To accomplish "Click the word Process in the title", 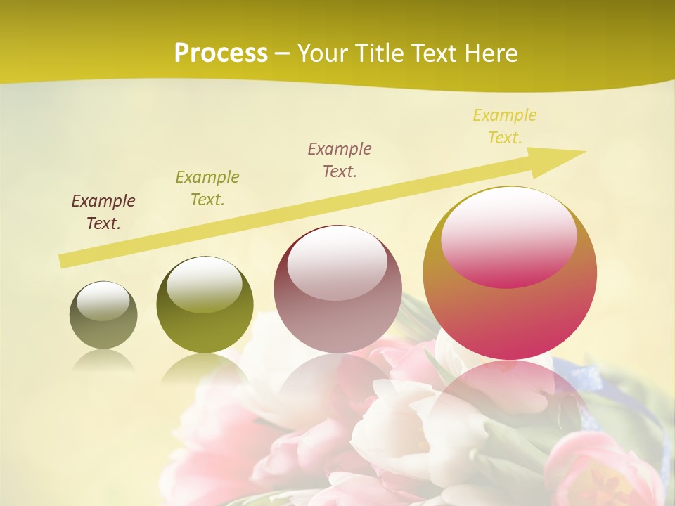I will point(221,53).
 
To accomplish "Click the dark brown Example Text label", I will point(103,212).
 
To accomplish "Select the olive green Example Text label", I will point(207,188).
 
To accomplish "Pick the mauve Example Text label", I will point(340,160).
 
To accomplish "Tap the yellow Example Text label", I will point(505,126).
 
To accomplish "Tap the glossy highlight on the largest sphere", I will point(509,235).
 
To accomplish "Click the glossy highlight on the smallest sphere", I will point(103,301).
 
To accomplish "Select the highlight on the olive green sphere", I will point(205,283).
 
